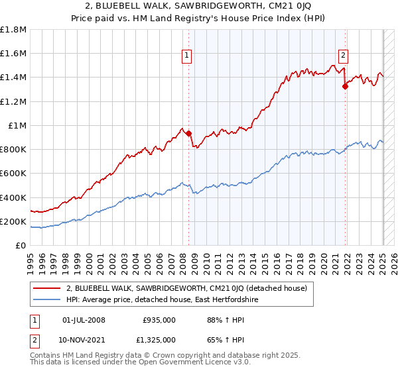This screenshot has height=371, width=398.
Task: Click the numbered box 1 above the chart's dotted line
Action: click(188, 56)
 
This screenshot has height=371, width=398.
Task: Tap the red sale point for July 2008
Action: click(189, 133)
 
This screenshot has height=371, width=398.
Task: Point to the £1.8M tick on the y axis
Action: click(14, 30)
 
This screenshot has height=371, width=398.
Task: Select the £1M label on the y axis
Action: click(18, 126)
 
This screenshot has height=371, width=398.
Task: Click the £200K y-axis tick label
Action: click(13, 222)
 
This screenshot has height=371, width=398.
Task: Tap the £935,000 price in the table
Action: click(159, 320)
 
